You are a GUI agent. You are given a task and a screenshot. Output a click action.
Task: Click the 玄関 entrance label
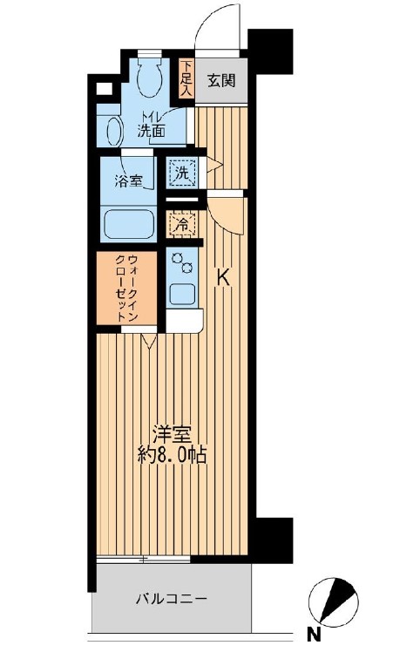pos(220,82)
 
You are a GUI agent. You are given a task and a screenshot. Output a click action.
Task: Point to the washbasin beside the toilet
pos(113,131)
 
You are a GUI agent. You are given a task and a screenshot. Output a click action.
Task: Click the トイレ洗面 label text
pos(152,128)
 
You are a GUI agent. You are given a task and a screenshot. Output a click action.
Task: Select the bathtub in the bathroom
pos(129,224)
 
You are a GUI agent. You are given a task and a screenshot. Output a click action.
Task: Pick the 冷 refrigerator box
pos(182,225)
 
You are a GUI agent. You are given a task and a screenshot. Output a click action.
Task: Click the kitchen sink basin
pos(183,292)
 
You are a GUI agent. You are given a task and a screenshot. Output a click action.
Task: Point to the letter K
pos(223,278)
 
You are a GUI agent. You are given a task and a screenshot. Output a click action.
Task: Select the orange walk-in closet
pos(127,288)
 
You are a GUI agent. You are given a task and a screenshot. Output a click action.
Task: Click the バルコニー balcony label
pos(171,601)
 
